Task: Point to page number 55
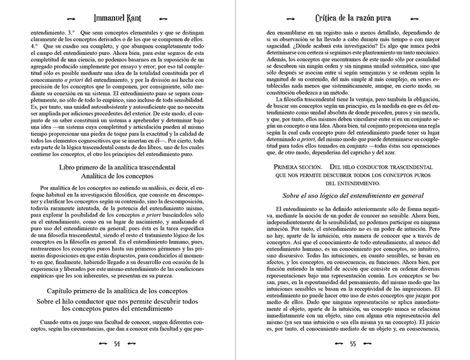coord(352,345)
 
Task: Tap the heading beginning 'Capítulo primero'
coord(117,291)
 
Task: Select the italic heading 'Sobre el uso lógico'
coord(352,195)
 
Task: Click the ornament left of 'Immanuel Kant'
coord(71,19)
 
